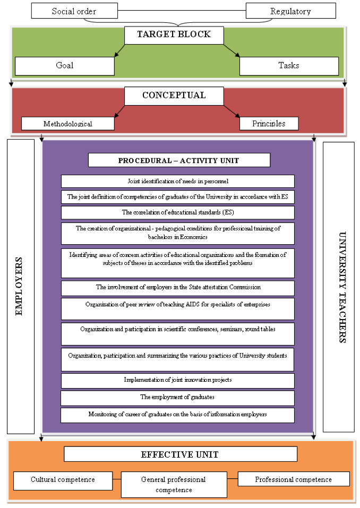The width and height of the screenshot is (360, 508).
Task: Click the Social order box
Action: coord(74,11)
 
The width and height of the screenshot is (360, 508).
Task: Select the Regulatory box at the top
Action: coord(290,11)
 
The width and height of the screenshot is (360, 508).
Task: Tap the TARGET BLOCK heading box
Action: coord(174,36)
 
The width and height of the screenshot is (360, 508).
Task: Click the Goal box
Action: coord(64,66)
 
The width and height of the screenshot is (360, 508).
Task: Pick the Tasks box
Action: coord(289,66)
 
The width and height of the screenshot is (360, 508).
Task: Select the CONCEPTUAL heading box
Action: coord(174,96)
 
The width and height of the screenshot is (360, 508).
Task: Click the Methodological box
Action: coord(68,124)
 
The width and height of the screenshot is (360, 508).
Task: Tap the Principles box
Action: coord(269,124)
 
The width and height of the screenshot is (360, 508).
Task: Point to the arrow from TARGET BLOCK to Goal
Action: coord(119,50)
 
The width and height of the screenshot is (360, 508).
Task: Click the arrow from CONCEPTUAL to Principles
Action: coord(232,111)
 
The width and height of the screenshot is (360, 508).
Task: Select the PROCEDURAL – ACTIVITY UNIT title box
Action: coord(179,160)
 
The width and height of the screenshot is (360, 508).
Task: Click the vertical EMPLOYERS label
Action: coord(19,287)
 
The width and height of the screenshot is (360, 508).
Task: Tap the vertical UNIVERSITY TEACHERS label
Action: coord(342,287)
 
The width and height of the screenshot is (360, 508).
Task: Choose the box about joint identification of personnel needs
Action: coord(178,181)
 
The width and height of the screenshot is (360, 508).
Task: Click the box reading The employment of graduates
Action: coord(177,398)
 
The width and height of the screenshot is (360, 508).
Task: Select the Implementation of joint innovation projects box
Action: coord(178,381)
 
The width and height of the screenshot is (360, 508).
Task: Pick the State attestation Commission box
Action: coord(178,288)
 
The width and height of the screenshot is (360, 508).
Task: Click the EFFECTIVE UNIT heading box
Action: coord(181,454)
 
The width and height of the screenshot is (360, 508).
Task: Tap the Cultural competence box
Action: coord(63,481)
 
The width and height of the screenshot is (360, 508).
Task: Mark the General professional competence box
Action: coord(174,485)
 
